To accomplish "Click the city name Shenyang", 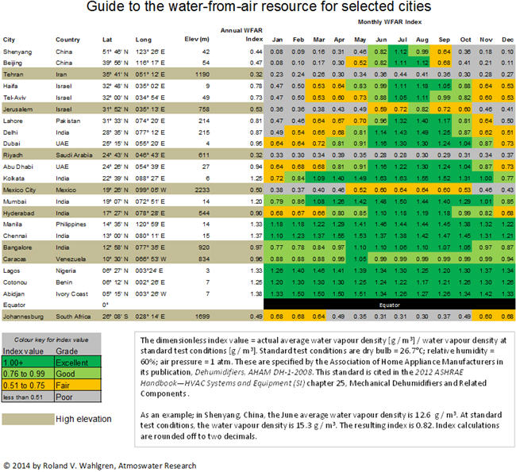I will point(17,50).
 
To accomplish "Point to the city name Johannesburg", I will point(25,316).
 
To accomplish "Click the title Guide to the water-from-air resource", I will point(257,7).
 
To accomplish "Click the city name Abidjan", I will point(16,293).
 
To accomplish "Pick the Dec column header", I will point(506,39).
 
